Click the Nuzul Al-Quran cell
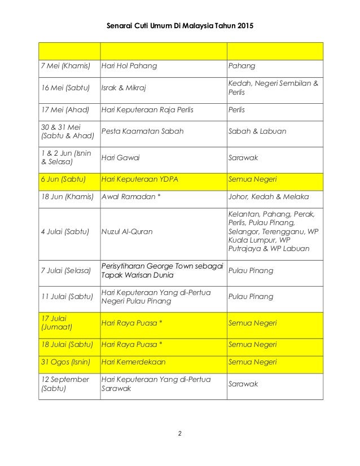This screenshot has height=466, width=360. click(127, 230)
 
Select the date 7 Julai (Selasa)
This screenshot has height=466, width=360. click(67, 271)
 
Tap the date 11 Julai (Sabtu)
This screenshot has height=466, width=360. click(68, 296)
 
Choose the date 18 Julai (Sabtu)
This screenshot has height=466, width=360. click(68, 344)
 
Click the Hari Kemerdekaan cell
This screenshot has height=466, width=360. click(133, 362)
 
